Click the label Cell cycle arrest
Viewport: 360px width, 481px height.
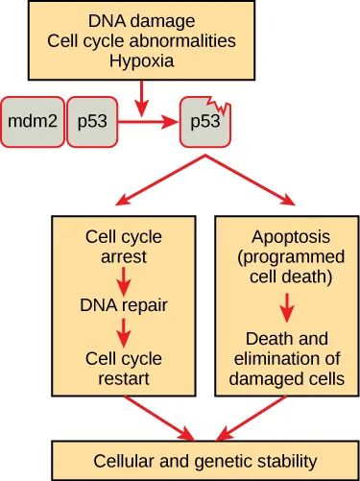[124, 247]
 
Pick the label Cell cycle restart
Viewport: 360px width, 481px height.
[124, 369]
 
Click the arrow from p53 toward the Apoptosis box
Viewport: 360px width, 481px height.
[254, 182]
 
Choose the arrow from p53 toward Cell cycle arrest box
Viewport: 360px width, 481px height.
[158, 182]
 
